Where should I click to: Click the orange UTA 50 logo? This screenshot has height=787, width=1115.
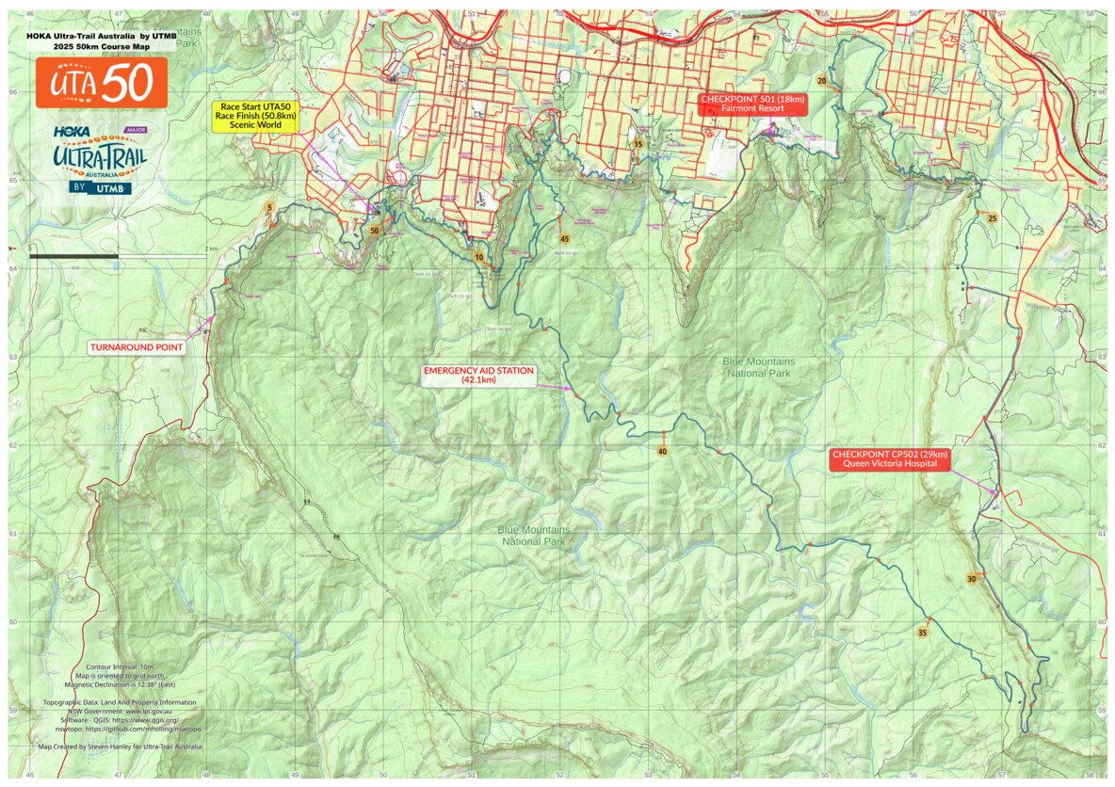pos(102,83)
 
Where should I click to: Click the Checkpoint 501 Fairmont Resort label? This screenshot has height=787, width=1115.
pos(751,104)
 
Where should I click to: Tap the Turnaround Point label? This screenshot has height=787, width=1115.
pos(137,347)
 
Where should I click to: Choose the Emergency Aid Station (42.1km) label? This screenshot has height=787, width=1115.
pos(478,376)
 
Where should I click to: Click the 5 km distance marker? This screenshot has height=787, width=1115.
pos(270,207)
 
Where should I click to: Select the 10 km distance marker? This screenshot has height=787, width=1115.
pos(478,257)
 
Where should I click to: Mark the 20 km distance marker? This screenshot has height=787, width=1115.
pos(822,82)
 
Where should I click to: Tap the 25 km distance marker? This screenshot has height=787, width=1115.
pos(992,218)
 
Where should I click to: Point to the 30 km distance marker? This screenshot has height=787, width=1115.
pos(971,579)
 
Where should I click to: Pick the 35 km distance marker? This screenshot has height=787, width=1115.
pos(923,632)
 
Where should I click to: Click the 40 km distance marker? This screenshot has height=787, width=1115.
pos(663,452)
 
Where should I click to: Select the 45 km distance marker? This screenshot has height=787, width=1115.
pos(564,239)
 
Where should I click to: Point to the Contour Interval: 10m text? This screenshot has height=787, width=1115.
pos(120,666)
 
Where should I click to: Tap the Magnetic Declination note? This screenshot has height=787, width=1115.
pos(120,683)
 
